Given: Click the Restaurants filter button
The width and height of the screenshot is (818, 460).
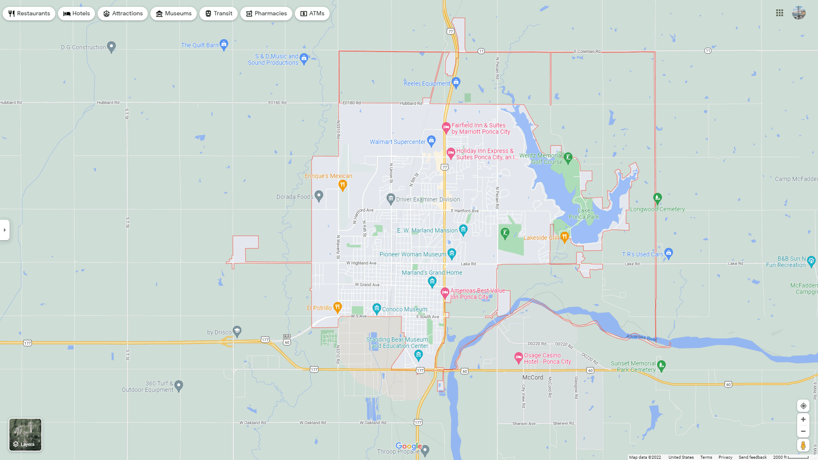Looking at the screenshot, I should point(29,14).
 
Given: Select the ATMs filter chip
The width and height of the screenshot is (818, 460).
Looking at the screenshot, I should point(312,14).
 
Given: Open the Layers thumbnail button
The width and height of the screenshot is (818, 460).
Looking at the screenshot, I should point(26,434).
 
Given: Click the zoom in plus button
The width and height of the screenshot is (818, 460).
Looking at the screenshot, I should point(803,420).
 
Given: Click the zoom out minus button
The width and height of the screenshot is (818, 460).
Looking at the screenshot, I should point(803,431).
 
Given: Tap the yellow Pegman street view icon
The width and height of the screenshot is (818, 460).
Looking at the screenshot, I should point(803,446).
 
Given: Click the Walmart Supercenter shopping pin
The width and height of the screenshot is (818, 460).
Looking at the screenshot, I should point(431,140).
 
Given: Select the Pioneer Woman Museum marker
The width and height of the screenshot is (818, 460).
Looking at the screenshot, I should point(452,253).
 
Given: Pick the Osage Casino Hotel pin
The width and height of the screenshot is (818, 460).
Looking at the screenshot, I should point(518,357).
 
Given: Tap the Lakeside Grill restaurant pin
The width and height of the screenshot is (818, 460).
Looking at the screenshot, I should point(565,236).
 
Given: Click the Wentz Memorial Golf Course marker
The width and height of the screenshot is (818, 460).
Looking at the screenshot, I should point(568,158).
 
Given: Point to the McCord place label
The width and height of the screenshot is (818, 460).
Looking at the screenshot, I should point(533,377).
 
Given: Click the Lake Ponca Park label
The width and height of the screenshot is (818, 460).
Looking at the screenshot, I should point(584,214).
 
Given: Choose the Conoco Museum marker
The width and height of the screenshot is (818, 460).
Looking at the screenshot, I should point(377,308).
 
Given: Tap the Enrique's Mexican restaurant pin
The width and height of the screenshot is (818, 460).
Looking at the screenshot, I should point(343,184).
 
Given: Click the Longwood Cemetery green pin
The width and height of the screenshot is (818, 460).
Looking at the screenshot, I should point(657,198).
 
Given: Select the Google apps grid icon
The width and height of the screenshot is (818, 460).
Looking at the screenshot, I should point(780,13).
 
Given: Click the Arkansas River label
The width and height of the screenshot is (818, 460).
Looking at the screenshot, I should point(642,337).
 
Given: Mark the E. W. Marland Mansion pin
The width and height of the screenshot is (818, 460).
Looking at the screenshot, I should point(463,230).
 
